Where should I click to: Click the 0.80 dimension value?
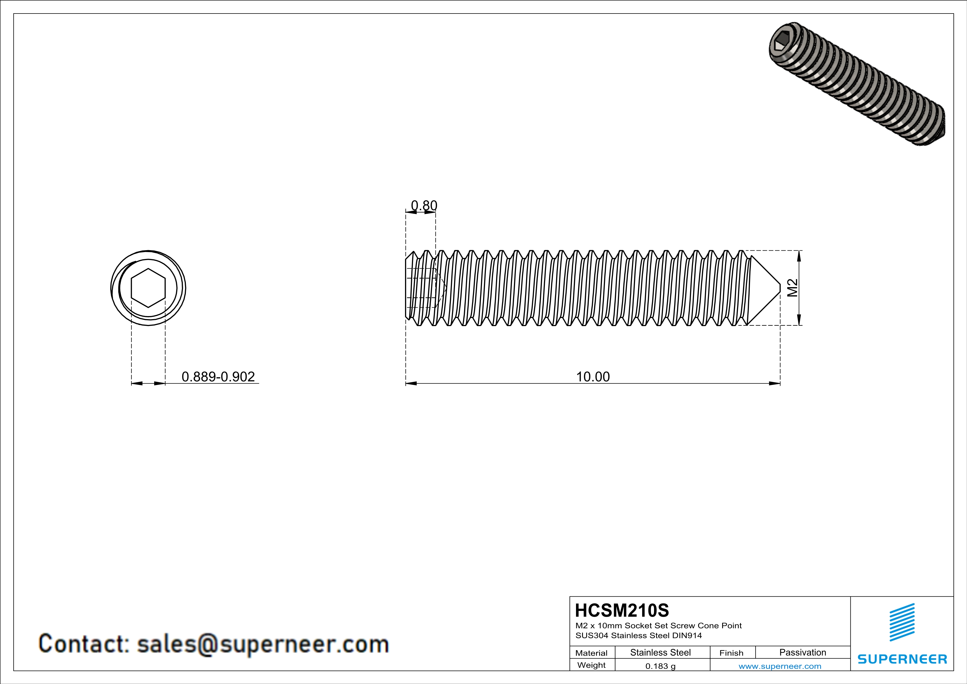424,205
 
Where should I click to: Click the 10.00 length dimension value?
593,376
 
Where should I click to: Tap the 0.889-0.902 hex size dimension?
218,376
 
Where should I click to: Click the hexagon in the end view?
148,288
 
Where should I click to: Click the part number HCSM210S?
622,610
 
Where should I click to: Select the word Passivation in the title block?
802,652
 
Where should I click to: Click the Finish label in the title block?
731,653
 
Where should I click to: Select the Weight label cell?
591,665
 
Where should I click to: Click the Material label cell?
591,653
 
